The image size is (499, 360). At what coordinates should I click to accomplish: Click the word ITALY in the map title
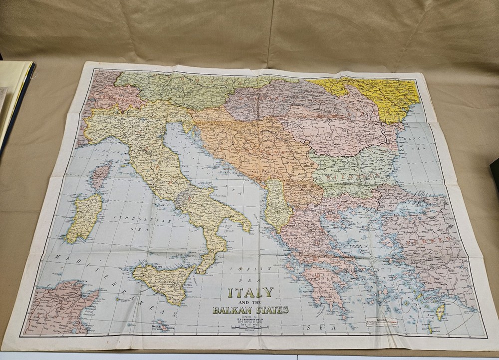pos(250,293)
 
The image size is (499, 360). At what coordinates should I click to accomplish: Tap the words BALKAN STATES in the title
pos(250,310)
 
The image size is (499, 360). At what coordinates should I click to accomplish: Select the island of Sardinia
pos(84,218)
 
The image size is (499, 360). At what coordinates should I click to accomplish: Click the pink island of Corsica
pos(101,174)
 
